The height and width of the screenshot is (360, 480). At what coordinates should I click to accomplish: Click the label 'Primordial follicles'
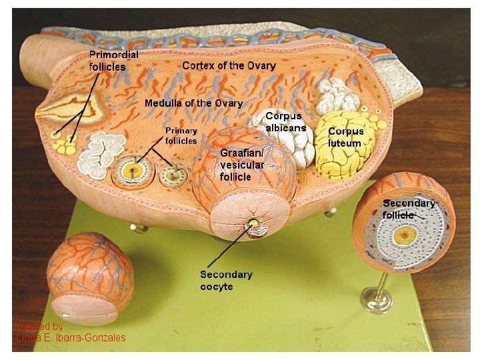coord(113,61)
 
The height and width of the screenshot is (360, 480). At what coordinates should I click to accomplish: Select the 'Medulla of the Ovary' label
coord(193,103)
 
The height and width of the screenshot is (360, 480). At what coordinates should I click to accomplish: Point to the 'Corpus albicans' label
coord(285,122)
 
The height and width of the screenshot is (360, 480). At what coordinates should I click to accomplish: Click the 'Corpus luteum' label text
coord(345,137)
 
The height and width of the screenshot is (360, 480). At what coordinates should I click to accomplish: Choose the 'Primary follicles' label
coord(181,135)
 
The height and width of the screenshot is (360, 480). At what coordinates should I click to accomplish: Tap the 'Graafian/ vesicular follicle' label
coord(242,165)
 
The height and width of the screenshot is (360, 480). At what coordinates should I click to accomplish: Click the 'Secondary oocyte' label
coord(226,280)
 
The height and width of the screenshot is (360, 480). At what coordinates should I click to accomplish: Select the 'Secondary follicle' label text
coord(408,209)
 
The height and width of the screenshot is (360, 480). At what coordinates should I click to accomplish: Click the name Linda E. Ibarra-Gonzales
coord(71,338)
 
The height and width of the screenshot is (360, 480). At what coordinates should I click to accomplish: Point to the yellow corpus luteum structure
coord(343,148)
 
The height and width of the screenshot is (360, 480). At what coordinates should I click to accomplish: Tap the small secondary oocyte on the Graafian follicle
coord(254,226)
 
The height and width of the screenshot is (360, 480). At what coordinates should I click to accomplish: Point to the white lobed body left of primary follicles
coord(101,154)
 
